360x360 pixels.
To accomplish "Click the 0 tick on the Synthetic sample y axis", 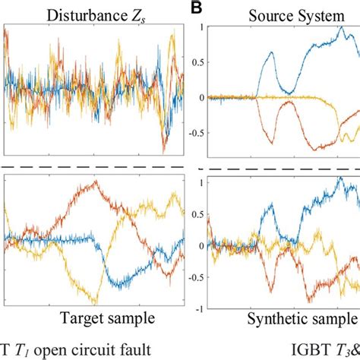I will click(x=199, y=246).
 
